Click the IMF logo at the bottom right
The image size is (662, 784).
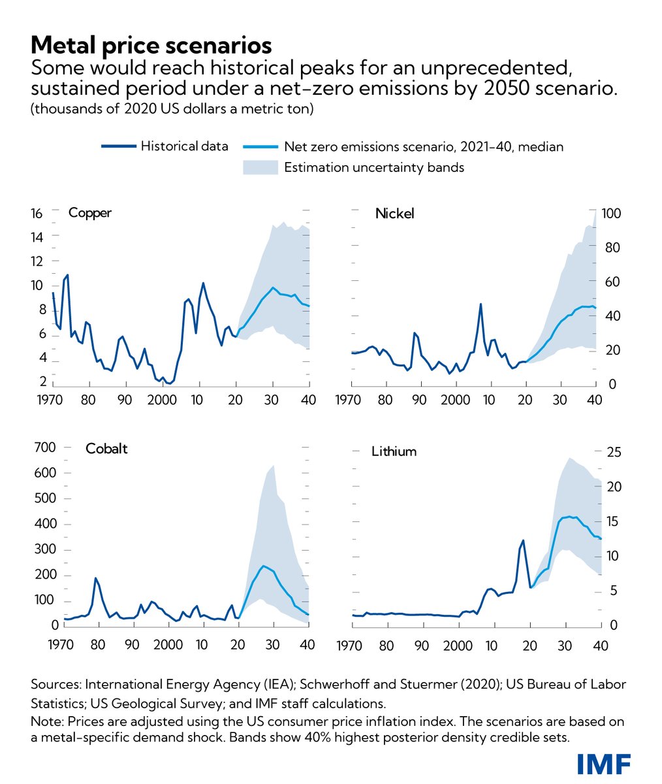tap(604, 762)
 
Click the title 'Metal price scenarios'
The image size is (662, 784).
tap(151, 45)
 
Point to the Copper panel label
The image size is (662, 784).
tap(90, 213)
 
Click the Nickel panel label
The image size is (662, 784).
tap(394, 213)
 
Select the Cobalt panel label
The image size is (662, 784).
tap(106, 449)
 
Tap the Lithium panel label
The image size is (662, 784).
tap(394, 451)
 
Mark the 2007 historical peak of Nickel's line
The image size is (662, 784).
tap(481, 304)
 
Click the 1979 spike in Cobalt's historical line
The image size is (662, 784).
tap(95, 578)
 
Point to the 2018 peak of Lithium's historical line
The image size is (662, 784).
tap(523, 540)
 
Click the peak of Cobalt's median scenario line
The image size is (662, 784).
tap(263, 566)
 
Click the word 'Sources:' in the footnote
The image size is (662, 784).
tap(54, 685)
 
